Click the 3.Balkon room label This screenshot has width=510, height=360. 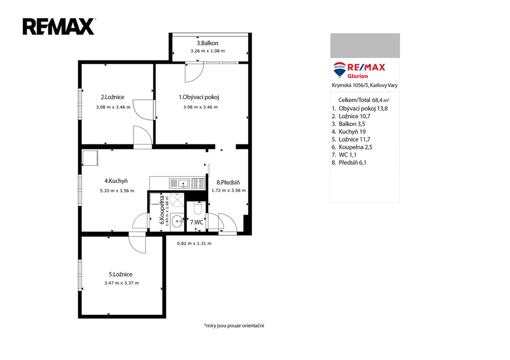pos(207,43)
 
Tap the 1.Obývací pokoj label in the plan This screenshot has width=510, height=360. pos(199,97)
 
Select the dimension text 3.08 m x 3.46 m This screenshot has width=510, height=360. pos(113,107)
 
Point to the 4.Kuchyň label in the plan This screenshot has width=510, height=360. pos(116,181)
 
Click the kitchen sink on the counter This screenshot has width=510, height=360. pos(179,183)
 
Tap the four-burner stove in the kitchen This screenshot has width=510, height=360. pos(198,183)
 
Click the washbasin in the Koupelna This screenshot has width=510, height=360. pos(177,222)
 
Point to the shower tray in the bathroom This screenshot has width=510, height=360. pos(177,199)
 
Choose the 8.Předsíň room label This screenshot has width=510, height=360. pos(228,182)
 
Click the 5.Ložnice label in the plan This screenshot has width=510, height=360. pos(121,274)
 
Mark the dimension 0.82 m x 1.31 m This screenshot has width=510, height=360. pos(194,243)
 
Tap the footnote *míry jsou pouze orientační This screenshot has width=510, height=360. pos(234,325)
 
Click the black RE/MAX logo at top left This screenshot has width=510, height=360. pos(59,27)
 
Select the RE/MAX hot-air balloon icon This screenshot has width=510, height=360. pos(340,69)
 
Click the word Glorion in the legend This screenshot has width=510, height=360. pos(358,76)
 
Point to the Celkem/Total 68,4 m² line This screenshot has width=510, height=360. pos(364,100)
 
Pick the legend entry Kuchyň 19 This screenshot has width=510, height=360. pos(348,132)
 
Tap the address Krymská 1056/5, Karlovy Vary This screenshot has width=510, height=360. pos(365,85)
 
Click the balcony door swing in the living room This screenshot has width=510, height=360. pos(194,72)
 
